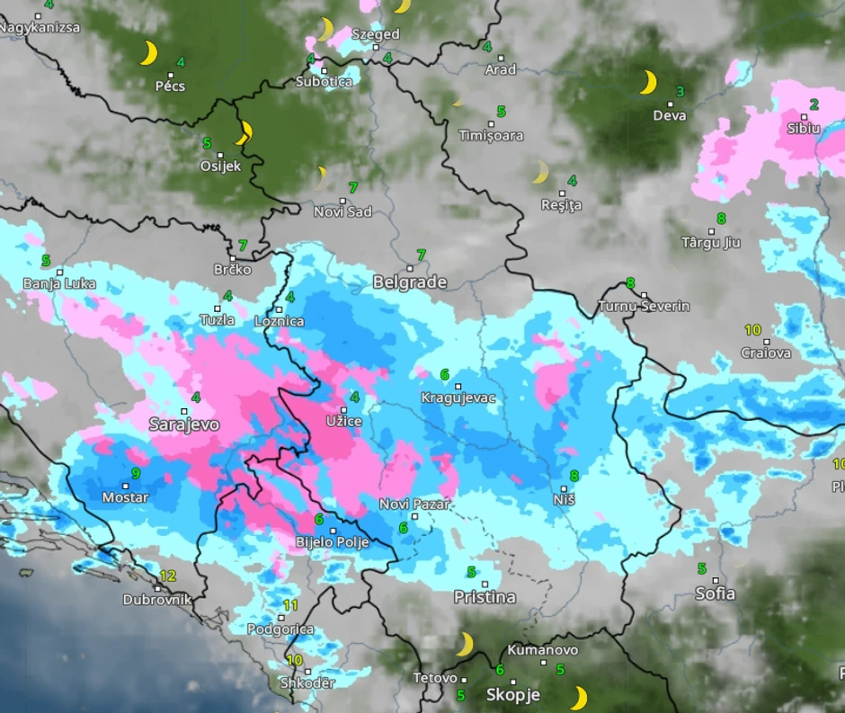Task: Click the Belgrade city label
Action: click(x=410, y=282)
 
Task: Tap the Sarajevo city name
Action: click(x=183, y=424)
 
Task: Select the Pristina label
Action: click(x=485, y=597)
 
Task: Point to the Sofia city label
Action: click(x=715, y=593)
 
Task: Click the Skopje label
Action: click(x=512, y=695)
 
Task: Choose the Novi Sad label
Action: click(x=342, y=212)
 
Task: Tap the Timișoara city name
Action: click(x=491, y=136)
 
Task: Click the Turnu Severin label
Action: click(x=645, y=307)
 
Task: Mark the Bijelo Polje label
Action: click(x=333, y=541)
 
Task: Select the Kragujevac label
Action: click(x=458, y=397)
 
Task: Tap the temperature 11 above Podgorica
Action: click(x=289, y=605)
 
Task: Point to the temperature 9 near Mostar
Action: click(x=136, y=473)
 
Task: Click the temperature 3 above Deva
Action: click(x=680, y=91)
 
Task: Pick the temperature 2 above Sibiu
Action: click(x=814, y=104)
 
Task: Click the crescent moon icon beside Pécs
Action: click(x=148, y=53)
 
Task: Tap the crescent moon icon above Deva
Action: click(x=647, y=83)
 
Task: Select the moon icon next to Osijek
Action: click(x=244, y=133)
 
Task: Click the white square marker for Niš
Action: click(x=564, y=488)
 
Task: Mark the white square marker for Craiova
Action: click(x=767, y=342)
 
